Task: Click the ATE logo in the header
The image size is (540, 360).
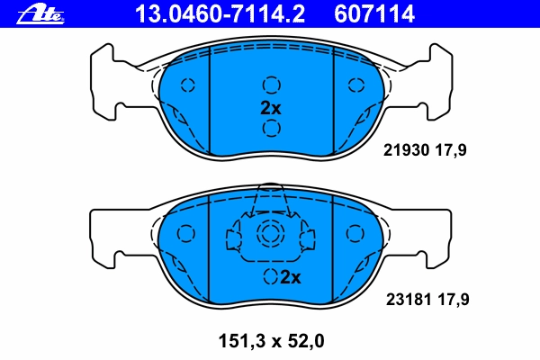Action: tap(40, 14)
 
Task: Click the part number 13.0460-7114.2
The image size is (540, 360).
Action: tap(220, 14)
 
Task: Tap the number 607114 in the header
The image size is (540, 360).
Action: tap(374, 14)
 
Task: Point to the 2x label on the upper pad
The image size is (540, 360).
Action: tap(271, 108)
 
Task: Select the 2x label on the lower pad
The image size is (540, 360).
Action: tap(291, 276)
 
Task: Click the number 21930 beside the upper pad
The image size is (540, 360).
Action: tap(407, 150)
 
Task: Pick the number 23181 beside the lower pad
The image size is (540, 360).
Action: tap(409, 300)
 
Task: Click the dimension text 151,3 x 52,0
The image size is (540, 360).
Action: tap(272, 341)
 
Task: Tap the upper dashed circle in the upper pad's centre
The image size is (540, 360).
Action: tap(272, 85)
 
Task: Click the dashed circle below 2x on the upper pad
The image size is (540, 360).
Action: tap(272, 128)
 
